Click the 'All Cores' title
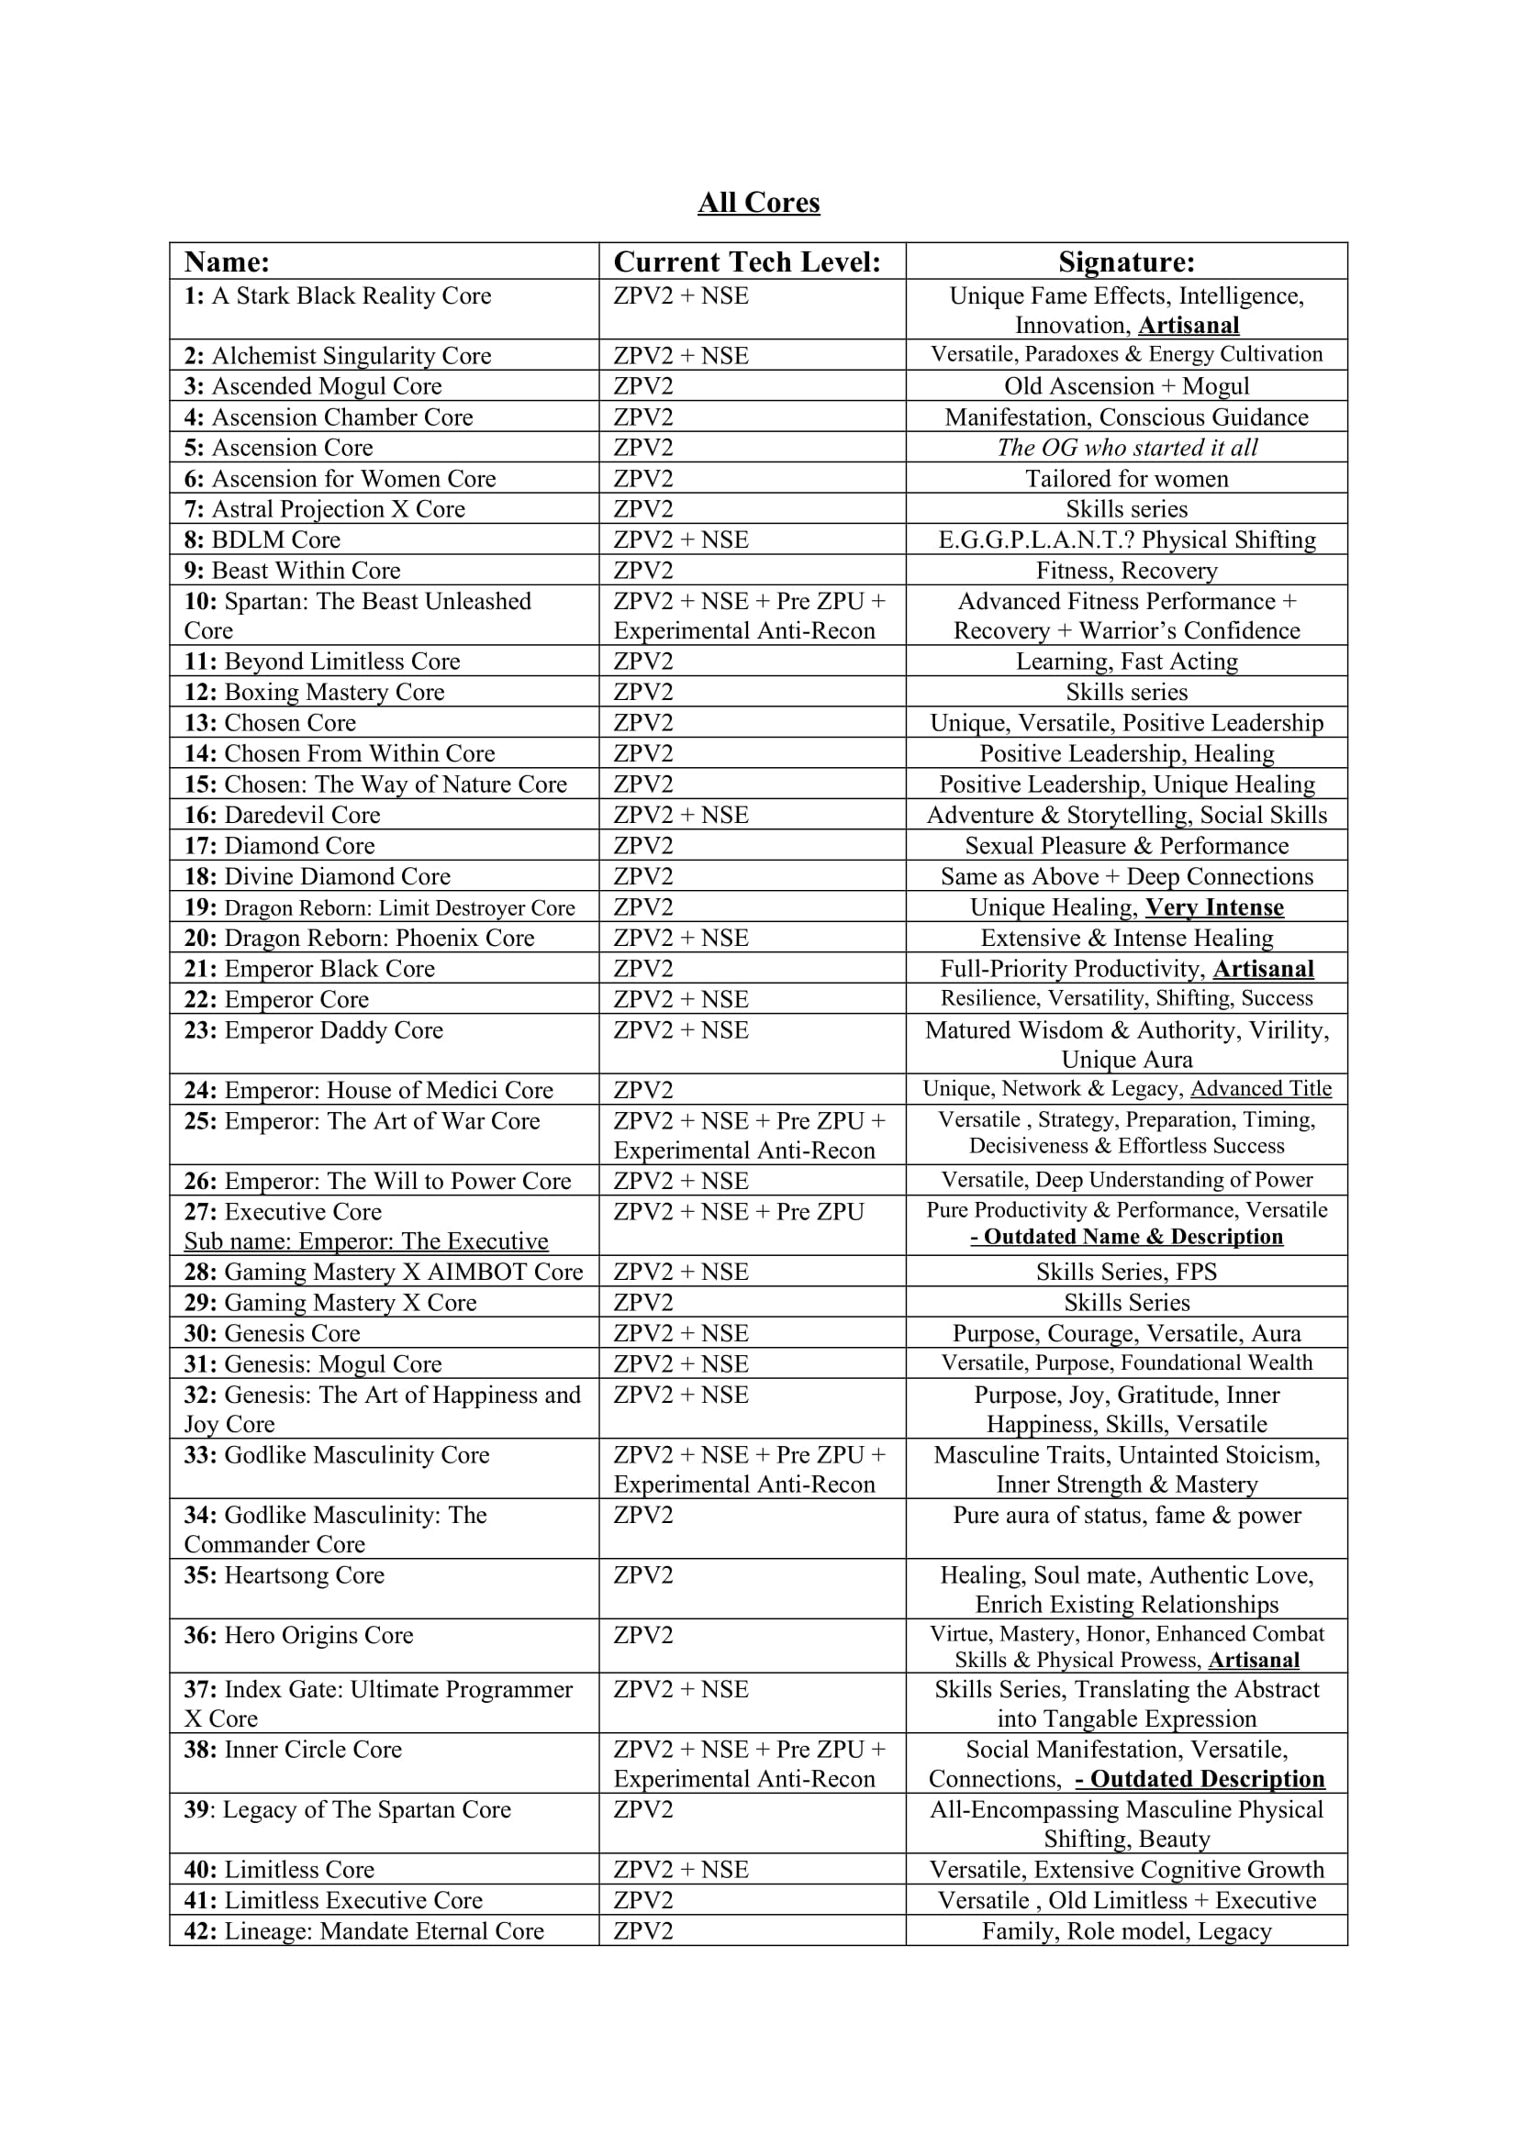[x=758, y=203]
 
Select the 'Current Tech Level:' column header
[x=747, y=261]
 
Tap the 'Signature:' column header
[x=1126, y=261]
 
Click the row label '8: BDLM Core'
[x=262, y=539]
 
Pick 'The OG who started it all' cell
[x=1126, y=448]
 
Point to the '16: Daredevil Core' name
[x=282, y=815]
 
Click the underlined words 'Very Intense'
[x=1214, y=907]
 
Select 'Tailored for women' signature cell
[x=1126, y=479]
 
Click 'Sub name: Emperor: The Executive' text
[x=366, y=1241]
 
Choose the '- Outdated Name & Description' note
[x=1126, y=1237]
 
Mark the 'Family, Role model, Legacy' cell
[x=1126, y=1931]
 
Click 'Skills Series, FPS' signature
[x=1126, y=1272]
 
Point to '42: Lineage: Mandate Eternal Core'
[x=363, y=1931]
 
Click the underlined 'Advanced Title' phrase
[x=1261, y=1089]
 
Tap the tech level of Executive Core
[x=739, y=1212]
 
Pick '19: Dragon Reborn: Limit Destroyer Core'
[x=380, y=907]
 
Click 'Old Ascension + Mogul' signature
[x=1126, y=386]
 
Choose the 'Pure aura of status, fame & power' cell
[x=1126, y=1515]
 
